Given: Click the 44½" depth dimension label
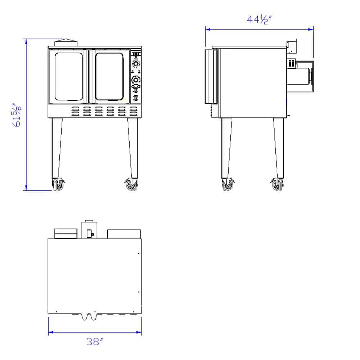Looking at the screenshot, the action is pyautogui.click(x=259, y=19).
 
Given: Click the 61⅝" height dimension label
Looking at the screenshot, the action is pyautogui.click(x=17, y=114).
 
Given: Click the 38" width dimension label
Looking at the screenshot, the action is pyautogui.click(x=95, y=342).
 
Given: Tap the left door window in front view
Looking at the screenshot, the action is pyautogui.click(x=69, y=76).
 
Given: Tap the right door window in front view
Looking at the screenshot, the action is pyautogui.click(x=109, y=76).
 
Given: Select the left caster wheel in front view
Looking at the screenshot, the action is pyautogui.click(x=58, y=185).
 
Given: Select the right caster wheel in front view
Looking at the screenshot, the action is pyautogui.click(x=131, y=185).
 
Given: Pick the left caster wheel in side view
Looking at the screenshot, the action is pyautogui.click(x=228, y=185).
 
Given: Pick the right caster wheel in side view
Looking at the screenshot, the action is pyautogui.click(x=277, y=185).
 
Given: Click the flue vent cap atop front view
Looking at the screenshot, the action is pyautogui.click(x=66, y=42).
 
